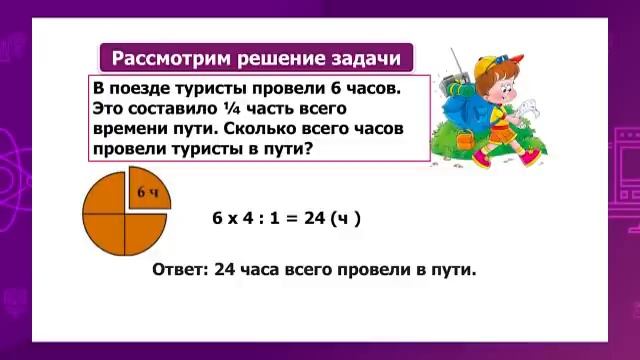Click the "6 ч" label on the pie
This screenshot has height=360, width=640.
[x=148, y=192]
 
